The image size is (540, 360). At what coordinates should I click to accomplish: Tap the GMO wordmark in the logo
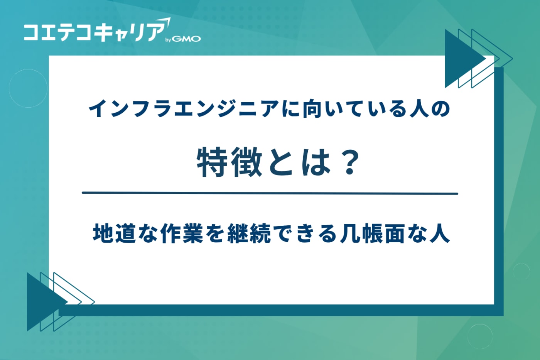pos(186,39)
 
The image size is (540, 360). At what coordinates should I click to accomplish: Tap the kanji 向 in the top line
pos(314,109)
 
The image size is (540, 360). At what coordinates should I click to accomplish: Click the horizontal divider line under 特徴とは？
pos(270,193)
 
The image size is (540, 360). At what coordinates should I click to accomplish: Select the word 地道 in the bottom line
pos(115,233)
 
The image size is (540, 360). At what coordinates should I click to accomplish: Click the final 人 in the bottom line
pos(439,233)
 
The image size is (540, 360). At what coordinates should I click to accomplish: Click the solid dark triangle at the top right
pos(461,59)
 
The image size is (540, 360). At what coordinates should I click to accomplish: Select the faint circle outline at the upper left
pos(28,88)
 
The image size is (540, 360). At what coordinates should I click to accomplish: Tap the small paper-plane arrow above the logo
pos(164,22)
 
